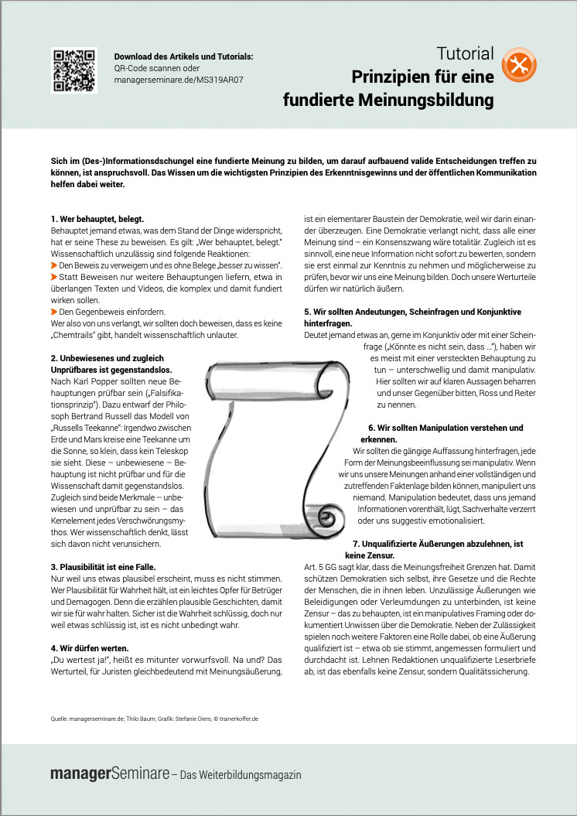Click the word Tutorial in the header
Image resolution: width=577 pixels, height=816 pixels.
coord(465,54)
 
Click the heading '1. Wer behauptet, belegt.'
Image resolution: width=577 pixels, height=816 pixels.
coord(97,220)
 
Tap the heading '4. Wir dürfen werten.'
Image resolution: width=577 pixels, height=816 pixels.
coord(90,648)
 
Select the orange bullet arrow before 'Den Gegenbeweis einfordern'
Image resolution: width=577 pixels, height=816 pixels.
coord(54,310)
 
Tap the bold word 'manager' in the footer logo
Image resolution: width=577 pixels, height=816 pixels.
coord(80,773)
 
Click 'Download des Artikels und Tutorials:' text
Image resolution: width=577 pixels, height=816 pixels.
coord(183,56)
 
